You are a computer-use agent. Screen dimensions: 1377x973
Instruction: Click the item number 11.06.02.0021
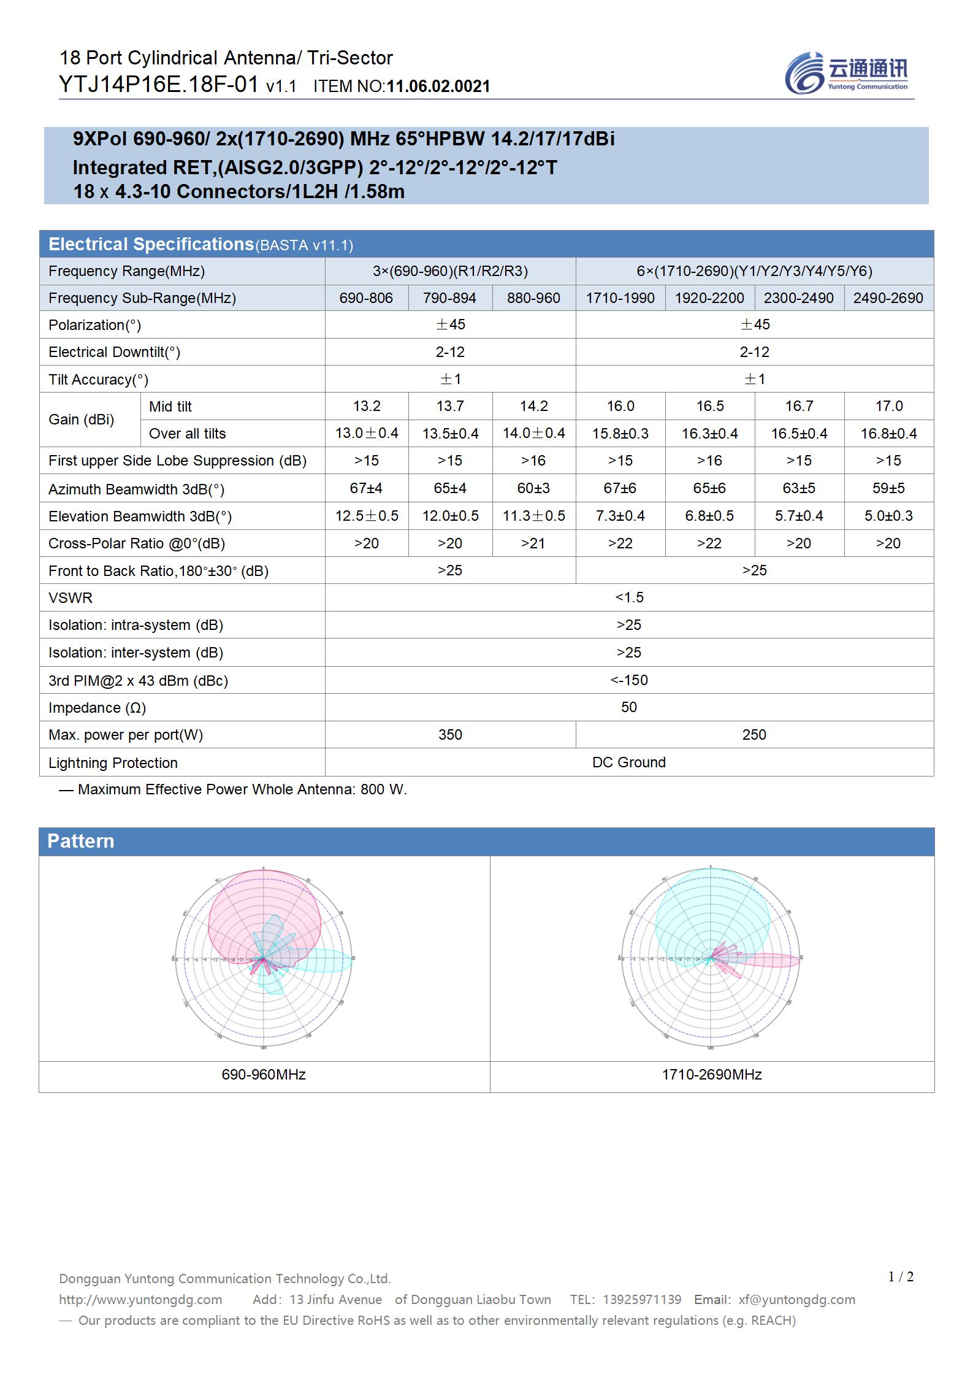[438, 86]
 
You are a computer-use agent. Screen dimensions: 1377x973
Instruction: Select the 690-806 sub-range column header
[366, 298]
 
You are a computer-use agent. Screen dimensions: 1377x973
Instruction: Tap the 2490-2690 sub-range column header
[888, 298]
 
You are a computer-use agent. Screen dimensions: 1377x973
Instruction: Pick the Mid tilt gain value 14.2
[533, 406]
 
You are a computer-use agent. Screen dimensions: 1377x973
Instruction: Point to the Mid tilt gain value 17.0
[888, 406]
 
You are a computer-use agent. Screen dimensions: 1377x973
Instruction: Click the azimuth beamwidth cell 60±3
[533, 488]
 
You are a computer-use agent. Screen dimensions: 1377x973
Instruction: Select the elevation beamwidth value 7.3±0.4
[620, 516]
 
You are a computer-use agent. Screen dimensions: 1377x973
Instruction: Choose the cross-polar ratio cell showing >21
[533, 543]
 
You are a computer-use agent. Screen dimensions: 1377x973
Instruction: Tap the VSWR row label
[71, 598]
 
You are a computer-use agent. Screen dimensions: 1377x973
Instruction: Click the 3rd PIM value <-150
[629, 680]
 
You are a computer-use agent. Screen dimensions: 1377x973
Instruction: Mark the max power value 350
[450, 735]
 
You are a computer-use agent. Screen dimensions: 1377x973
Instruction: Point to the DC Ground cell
[629, 762]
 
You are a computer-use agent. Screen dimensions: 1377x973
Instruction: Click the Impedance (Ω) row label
[97, 708]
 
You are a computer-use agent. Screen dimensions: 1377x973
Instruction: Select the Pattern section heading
[81, 841]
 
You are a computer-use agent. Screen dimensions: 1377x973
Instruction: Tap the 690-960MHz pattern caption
[264, 1075]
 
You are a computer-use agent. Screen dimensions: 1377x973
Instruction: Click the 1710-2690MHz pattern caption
[712, 1075]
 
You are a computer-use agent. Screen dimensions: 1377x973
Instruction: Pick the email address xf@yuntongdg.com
[796, 1299]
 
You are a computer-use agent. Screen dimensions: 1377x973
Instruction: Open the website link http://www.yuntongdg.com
[140, 1299]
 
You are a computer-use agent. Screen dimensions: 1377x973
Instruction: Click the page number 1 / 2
[901, 1277]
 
